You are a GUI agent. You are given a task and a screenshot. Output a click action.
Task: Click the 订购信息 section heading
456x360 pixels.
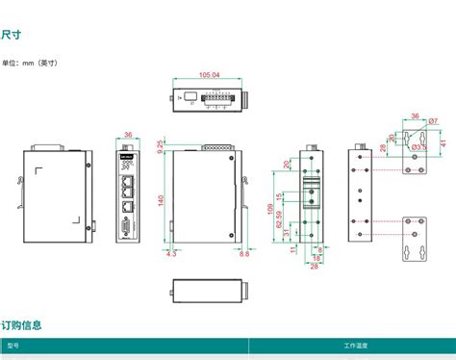click(x=21, y=325)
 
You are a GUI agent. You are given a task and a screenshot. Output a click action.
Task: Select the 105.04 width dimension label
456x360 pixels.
click(x=209, y=75)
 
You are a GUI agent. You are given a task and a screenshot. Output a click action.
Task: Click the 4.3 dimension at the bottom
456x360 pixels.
click(x=171, y=255)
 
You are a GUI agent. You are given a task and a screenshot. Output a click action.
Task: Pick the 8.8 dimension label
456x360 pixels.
click(x=243, y=255)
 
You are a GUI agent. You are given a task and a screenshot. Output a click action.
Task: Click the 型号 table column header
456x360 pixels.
click(x=13, y=345)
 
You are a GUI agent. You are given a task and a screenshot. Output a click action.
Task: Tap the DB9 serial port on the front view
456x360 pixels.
click(x=128, y=229)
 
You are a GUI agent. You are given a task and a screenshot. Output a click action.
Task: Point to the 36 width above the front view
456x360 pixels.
click(x=129, y=136)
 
